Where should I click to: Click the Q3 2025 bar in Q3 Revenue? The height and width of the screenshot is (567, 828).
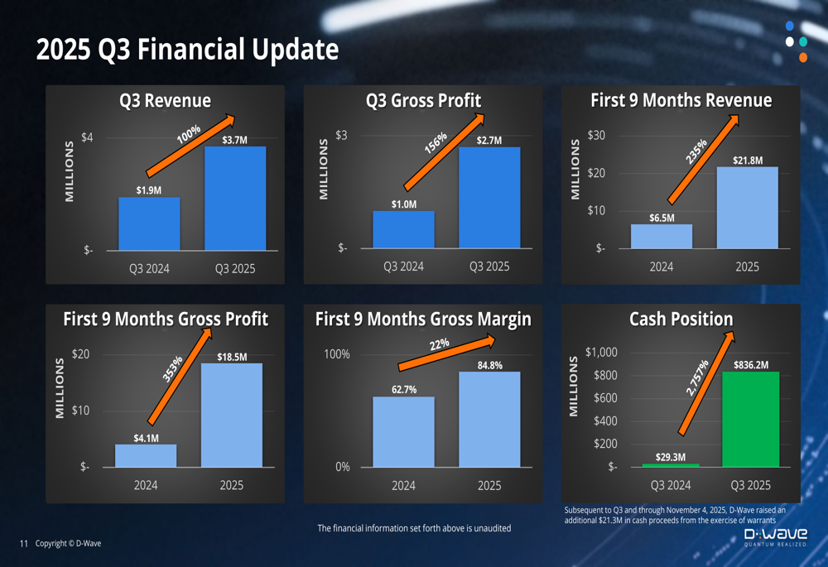coord(235,199)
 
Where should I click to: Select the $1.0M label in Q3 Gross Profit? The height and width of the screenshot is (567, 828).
coord(404,204)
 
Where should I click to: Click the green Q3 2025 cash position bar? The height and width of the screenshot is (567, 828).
coord(751,419)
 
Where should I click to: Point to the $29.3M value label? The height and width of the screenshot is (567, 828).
coord(670,457)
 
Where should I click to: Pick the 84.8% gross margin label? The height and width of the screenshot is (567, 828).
coord(489,365)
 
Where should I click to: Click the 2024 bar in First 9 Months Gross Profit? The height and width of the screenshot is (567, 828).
coord(146,456)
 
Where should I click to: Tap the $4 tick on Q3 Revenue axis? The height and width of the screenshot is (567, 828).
coord(87,137)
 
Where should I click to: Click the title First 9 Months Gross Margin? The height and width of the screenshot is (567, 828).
coord(423,320)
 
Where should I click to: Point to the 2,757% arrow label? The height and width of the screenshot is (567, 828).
coord(698,378)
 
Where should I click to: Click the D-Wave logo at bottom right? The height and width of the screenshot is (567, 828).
coord(775,539)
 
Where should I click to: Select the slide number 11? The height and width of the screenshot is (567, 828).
coord(23,544)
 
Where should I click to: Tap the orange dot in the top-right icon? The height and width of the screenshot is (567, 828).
coord(802,58)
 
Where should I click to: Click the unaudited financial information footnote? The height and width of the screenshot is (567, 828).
coord(414,528)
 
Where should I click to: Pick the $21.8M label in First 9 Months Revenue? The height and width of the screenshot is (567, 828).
coord(748,161)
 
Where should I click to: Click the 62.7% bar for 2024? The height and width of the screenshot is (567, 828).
coord(403,431)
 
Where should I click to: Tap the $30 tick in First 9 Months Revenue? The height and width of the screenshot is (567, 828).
coord(596,136)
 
